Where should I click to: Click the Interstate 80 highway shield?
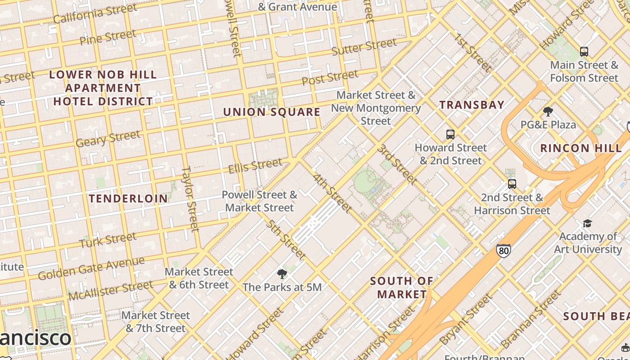tap(504, 250)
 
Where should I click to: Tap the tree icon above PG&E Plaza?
tap(548, 111)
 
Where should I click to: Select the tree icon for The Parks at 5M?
tap(282, 274)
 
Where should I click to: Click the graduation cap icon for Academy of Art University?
tap(587, 223)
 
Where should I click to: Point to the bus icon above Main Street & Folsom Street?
tap(584, 52)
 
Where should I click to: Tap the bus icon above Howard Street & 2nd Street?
tap(450, 134)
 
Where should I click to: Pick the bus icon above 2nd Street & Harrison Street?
tap(512, 184)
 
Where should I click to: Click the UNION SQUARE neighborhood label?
tap(272, 112)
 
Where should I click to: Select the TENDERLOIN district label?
tap(128, 198)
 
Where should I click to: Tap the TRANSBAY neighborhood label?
tap(472, 105)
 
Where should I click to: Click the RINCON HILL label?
tap(581, 148)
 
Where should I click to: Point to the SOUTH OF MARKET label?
tap(402, 288)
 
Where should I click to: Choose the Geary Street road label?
tap(108, 139)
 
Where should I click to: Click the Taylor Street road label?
tap(190, 198)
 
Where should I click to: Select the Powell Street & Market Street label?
tap(260, 201)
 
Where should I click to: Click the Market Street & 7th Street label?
tap(156, 322)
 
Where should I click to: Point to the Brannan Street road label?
tap(531, 319)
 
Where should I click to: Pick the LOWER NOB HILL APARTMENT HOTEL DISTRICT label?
tap(103, 88)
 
